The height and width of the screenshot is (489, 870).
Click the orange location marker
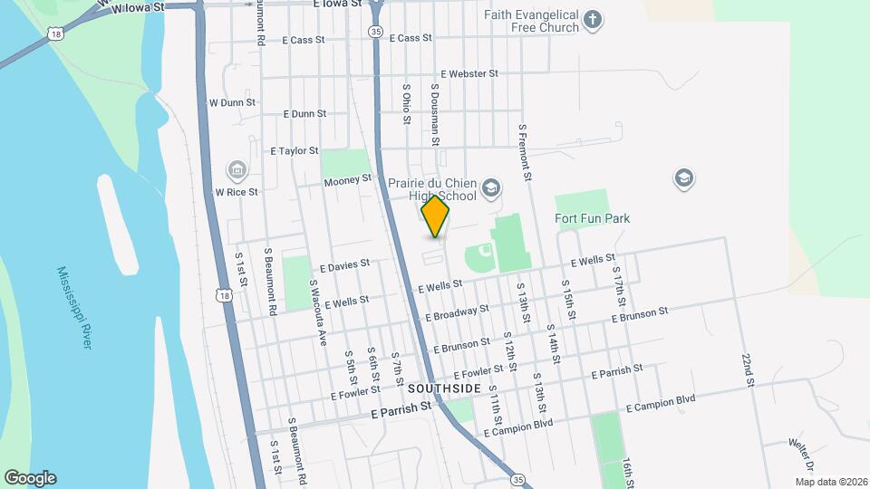pyautogui.click(x=436, y=216)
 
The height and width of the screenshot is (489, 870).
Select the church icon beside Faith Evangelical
pyautogui.click(x=593, y=20)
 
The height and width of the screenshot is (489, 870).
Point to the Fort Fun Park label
pyautogui.click(x=592, y=218)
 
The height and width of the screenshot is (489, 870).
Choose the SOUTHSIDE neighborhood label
pyautogui.click(x=444, y=388)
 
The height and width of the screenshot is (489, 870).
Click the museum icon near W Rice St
pyautogui.click(x=237, y=169)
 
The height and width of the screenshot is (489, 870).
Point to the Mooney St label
pyautogui.click(x=348, y=181)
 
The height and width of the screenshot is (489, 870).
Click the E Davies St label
pyautogui.click(x=345, y=264)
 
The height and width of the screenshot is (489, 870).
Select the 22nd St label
pyautogui.click(x=748, y=370)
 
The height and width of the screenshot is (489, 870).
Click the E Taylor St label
pyautogui.click(x=295, y=151)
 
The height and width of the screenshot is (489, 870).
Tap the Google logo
pyautogui.click(x=30, y=478)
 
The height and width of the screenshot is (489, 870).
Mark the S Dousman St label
pyautogui.click(x=435, y=115)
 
